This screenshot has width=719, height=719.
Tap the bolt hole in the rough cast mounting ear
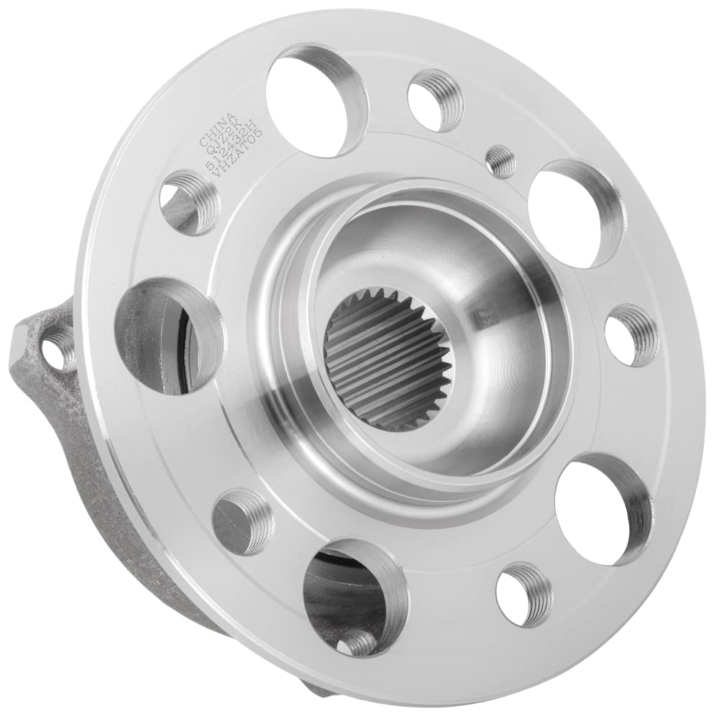point(57,350)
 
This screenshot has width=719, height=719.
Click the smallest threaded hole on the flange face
point(500,162)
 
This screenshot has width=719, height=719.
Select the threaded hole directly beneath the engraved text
point(188,202)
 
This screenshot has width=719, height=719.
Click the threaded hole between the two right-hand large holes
point(631,334)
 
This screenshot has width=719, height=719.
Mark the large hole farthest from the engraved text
point(603,508)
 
